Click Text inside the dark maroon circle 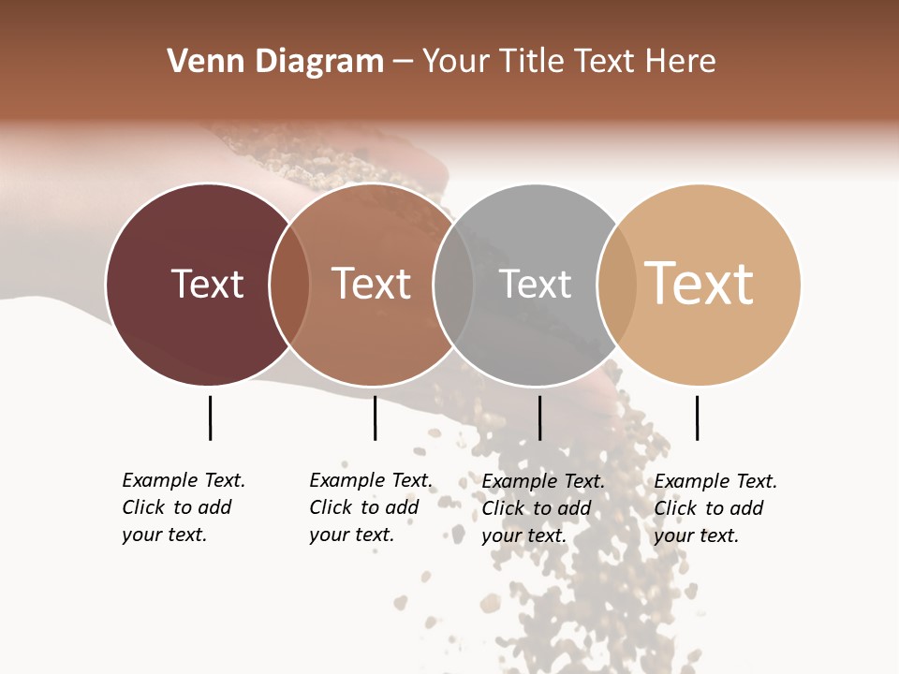tap(207, 284)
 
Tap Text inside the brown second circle tap(372, 284)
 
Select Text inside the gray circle tap(535, 284)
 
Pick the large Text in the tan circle tap(699, 284)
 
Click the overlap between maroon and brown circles tap(289, 285)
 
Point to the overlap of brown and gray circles tap(453, 285)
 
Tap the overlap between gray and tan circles tap(617, 285)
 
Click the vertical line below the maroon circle tap(210, 418)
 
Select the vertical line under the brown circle tap(375, 418)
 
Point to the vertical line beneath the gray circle tap(539, 418)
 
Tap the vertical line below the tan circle tap(697, 418)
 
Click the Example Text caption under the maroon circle tap(184, 507)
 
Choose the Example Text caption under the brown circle tap(371, 507)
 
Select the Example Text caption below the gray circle tap(543, 508)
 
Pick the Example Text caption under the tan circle tap(715, 508)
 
